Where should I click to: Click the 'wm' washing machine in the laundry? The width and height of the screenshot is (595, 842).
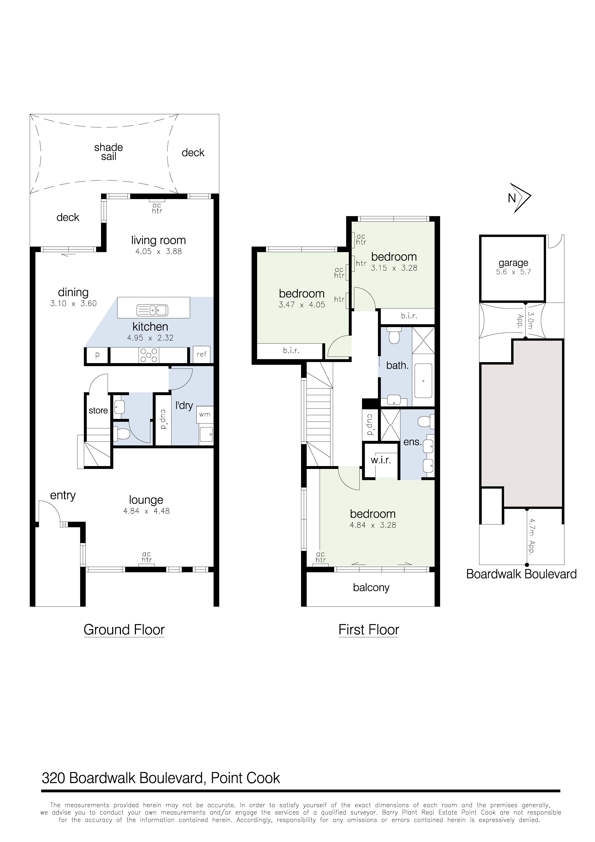(x=205, y=414)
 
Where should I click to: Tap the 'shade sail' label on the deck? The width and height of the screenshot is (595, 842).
(x=108, y=152)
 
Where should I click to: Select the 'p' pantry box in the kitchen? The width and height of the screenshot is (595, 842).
(x=97, y=355)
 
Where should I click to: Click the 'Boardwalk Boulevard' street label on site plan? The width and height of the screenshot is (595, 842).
(x=521, y=574)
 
